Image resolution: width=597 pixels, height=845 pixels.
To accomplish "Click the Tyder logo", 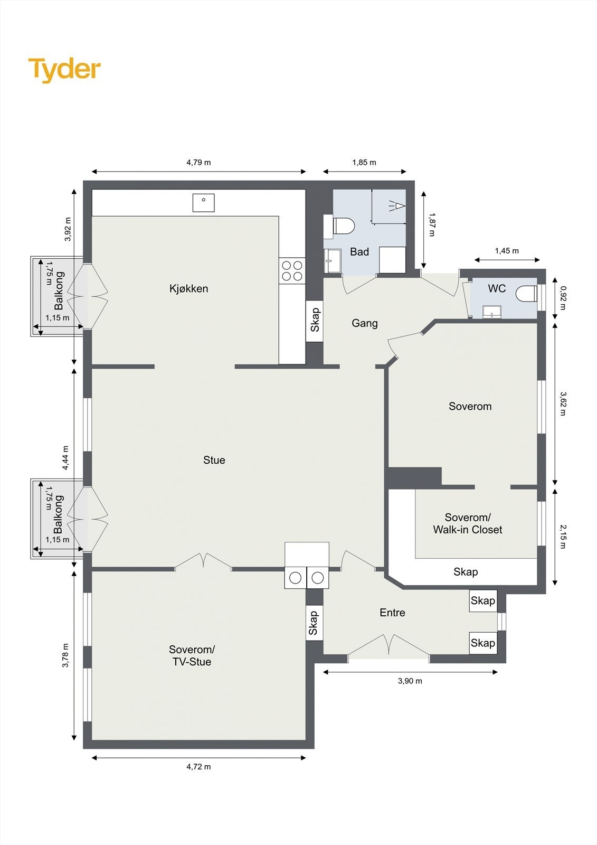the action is click(x=64, y=70).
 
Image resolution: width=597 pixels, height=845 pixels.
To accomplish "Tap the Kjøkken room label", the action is click(x=188, y=288).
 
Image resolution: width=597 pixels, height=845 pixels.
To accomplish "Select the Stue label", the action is click(x=214, y=460).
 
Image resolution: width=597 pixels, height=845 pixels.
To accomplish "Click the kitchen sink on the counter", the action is click(x=204, y=203).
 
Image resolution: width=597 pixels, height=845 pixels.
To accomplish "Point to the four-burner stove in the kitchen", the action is click(x=292, y=271).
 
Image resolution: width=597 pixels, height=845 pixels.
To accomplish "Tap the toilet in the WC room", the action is click(x=526, y=294).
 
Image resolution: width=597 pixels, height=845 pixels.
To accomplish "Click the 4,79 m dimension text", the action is click(x=199, y=163).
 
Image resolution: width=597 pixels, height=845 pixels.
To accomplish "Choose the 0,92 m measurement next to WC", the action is click(x=563, y=298).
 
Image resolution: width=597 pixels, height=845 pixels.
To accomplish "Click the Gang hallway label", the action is click(x=365, y=323).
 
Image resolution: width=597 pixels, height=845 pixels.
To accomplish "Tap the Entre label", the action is click(x=392, y=613).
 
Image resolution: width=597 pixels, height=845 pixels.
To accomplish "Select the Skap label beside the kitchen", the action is click(x=315, y=320).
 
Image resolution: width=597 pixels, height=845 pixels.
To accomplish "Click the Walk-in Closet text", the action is click(x=468, y=530).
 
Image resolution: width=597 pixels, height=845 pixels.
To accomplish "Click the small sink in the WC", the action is click(x=492, y=312).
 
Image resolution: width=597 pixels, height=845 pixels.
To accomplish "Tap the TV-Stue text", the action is click(x=192, y=662).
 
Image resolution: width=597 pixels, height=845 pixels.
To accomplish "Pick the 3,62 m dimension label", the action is click(x=563, y=403).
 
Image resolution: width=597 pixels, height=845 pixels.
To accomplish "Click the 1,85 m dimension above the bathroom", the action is click(x=364, y=163).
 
